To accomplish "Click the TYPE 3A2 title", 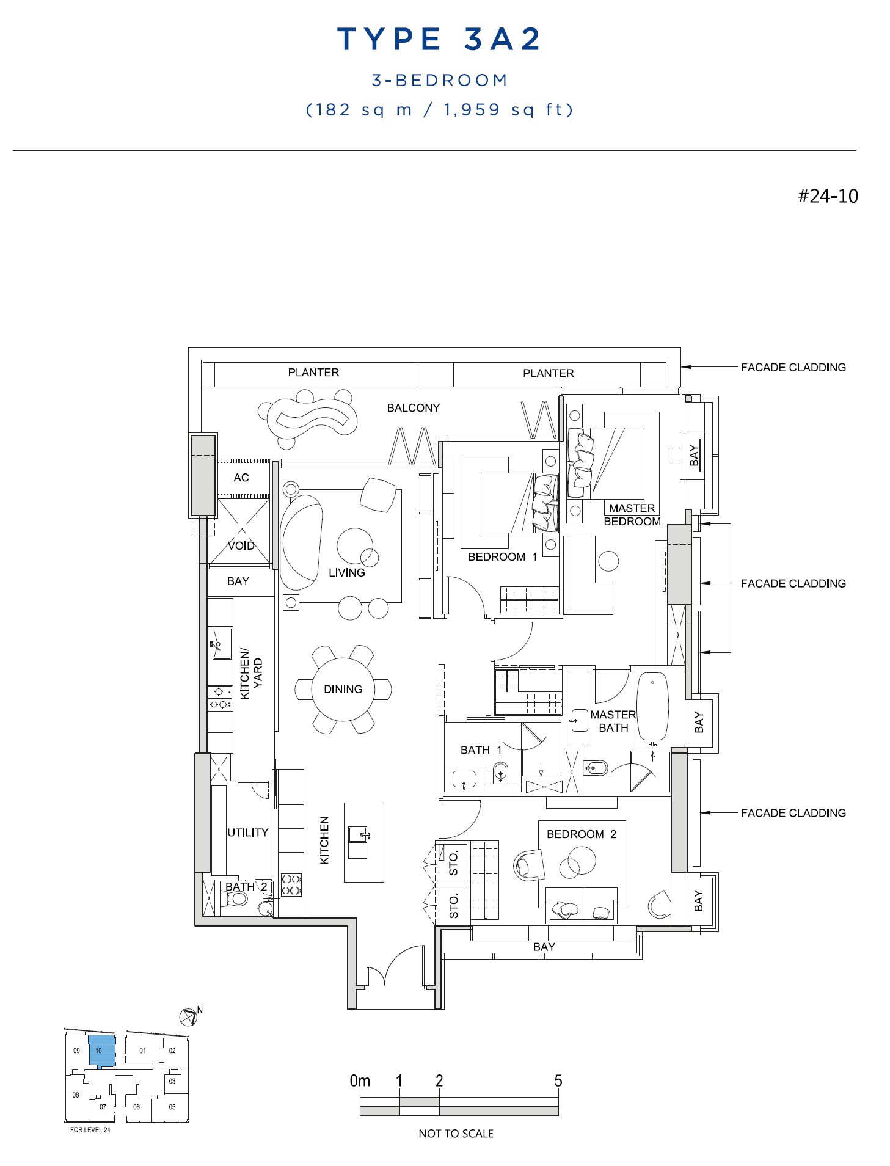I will (439, 39).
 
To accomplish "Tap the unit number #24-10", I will (828, 196).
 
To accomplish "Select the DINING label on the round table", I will (343, 689).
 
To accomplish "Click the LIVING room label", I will (346, 572).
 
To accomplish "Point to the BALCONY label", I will (413, 407).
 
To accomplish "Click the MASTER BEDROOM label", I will (632, 514).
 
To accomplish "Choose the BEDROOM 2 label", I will (581, 834).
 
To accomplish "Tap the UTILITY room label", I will (247, 832).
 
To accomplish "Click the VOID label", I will (241, 545).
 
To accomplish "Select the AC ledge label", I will (241, 477).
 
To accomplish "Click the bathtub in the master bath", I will (652, 706).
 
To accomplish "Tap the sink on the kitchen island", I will (358, 834).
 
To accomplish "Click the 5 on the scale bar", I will (557, 1080).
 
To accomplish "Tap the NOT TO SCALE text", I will (456, 1133).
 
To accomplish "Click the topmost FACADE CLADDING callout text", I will (793, 367).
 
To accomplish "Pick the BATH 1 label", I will (481, 749).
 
